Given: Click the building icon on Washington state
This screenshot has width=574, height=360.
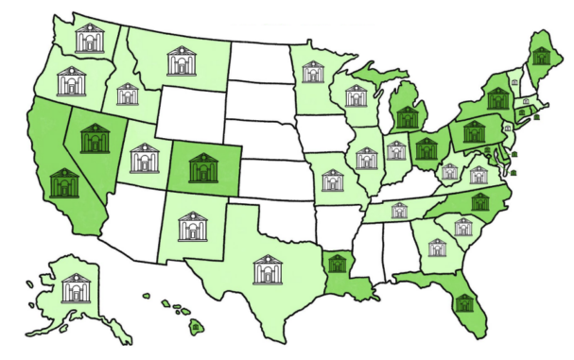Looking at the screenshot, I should (x=91, y=39).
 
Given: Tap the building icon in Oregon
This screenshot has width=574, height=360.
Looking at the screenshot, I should (x=71, y=82).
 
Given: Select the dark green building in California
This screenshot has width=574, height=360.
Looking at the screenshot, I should (x=64, y=182).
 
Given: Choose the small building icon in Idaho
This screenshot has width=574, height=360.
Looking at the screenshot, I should (x=126, y=94).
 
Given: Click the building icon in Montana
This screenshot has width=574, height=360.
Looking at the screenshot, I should (x=182, y=61).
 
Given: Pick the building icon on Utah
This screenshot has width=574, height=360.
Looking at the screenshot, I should (x=145, y=158).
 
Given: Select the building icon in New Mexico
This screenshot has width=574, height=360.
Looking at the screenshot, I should (x=192, y=228).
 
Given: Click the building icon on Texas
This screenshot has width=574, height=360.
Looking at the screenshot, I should (x=269, y=270).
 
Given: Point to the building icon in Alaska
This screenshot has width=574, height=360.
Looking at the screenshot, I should (x=76, y=288).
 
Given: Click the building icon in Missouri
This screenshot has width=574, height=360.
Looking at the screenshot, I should (x=333, y=180).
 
